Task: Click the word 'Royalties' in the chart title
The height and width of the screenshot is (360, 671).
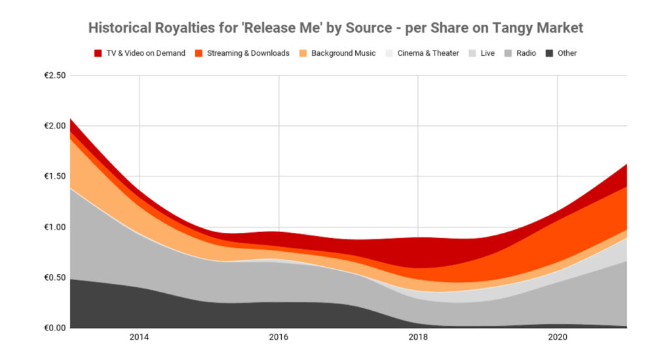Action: tap(172, 28)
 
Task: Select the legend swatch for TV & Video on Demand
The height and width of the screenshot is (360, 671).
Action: tap(98, 53)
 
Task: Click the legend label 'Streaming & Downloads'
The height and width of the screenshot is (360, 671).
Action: tap(248, 53)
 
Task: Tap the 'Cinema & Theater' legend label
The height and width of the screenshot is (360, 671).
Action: tap(428, 53)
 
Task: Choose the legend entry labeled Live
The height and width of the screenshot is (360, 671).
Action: tap(487, 53)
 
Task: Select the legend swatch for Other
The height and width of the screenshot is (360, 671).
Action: tap(550, 53)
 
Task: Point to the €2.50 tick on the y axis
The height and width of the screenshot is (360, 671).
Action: tap(54, 75)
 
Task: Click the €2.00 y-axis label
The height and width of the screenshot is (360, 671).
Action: tap(54, 126)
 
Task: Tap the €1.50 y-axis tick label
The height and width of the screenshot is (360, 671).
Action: tap(54, 176)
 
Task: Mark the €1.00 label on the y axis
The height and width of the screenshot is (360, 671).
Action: tap(54, 227)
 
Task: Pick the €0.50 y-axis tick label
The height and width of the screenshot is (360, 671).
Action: tap(54, 277)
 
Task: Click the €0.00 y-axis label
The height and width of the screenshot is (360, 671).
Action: tap(54, 328)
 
